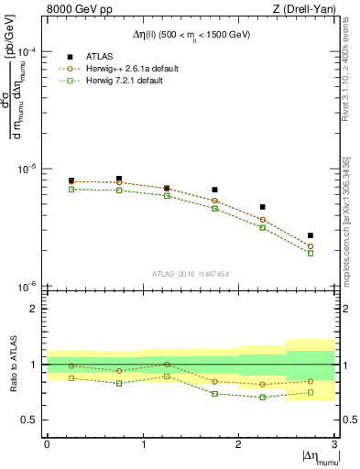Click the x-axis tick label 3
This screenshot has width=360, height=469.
334,444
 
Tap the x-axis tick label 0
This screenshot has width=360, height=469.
47,444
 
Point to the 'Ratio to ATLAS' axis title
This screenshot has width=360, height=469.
12,365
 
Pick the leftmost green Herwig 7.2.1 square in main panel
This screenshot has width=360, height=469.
71,190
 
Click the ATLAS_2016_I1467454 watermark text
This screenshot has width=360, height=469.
191,273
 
